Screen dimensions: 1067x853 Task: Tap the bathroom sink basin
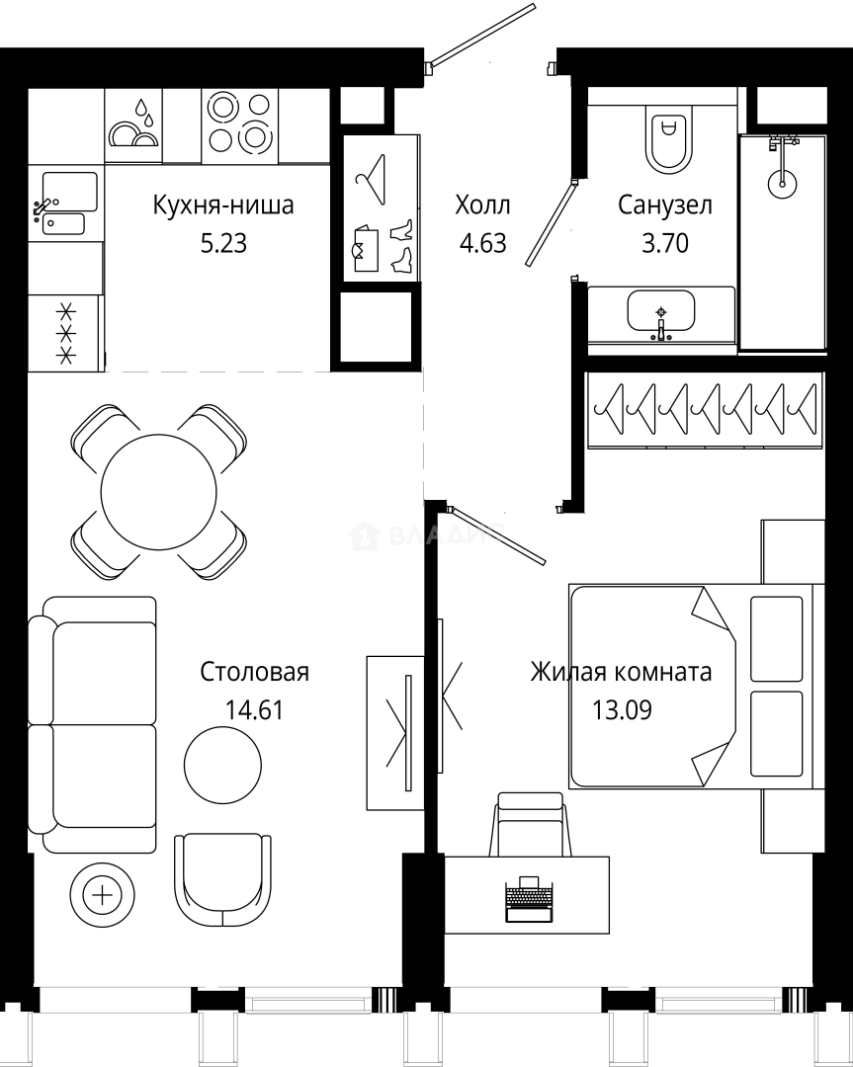click(x=660, y=312)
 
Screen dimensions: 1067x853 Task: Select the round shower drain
click(x=783, y=181)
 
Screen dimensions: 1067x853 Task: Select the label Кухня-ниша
click(x=223, y=205)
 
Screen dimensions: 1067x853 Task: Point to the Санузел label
click(x=665, y=205)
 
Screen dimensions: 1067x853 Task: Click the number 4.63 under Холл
click(x=482, y=243)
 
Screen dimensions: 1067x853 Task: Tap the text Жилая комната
click(x=621, y=673)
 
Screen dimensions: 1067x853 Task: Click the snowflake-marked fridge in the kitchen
click(x=66, y=333)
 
